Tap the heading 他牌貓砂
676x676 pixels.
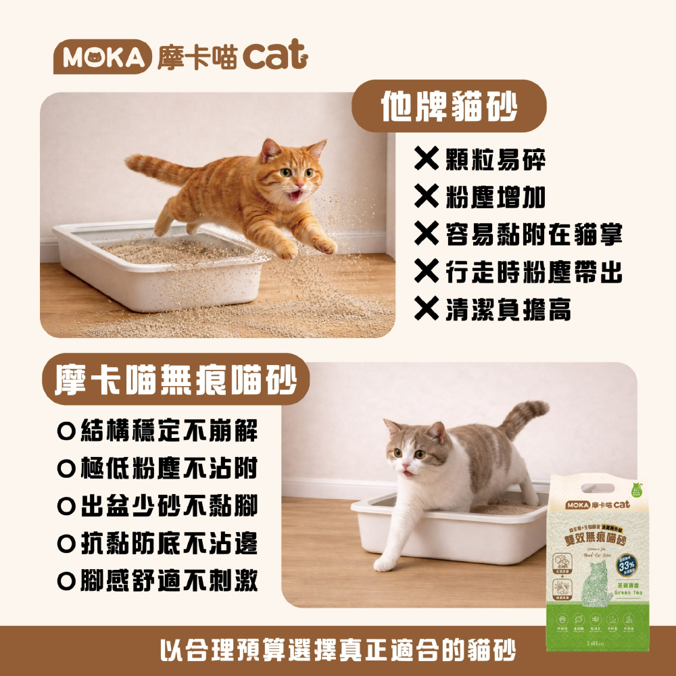(448, 107)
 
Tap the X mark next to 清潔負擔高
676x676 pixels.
(427, 309)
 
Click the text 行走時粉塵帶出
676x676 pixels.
(534, 272)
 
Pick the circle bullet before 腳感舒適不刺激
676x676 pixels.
(66, 581)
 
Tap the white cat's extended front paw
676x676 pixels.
(385, 563)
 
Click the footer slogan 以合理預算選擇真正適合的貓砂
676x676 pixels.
(338, 650)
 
